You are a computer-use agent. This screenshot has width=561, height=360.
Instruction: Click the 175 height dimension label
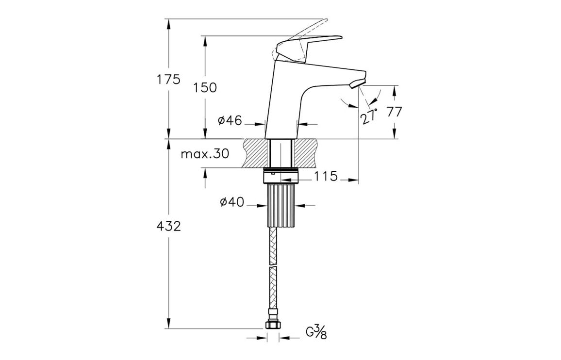[169, 79]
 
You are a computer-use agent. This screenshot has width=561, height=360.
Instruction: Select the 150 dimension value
[205, 88]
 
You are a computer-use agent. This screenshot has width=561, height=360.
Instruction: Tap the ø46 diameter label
[230, 121]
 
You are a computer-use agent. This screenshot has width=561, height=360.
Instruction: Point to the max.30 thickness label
[205, 154]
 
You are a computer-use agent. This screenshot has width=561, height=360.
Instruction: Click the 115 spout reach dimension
[325, 176]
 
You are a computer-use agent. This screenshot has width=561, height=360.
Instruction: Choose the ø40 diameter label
[231, 202]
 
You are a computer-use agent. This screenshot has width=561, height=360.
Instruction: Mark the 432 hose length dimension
[169, 226]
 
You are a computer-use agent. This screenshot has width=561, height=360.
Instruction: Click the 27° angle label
[369, 117]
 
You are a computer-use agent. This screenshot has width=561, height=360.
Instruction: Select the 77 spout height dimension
[394, 112]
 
